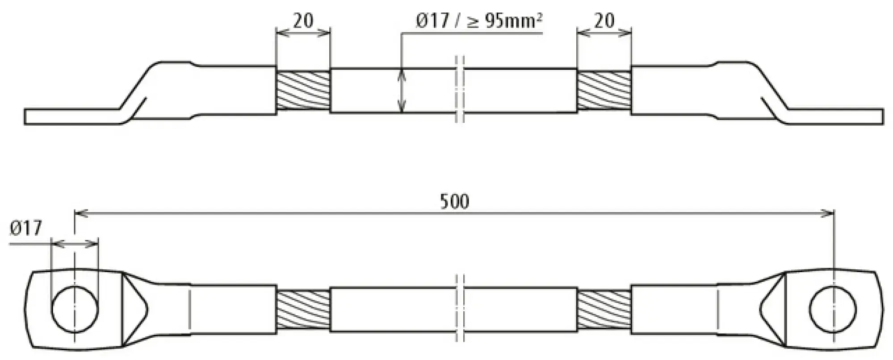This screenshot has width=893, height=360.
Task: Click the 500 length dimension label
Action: [x=454, y=201]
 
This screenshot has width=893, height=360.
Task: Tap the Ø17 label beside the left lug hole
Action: [x=25, y=228]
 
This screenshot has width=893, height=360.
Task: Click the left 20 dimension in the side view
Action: [x=303, y=21]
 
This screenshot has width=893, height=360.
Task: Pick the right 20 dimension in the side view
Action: [x=604, y=21]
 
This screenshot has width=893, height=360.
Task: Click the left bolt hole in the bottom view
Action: [x=75, y=310]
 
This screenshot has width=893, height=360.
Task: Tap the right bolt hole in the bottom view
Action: [x=833, y=310]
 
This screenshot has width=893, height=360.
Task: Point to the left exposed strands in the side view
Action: [x=303, y=91]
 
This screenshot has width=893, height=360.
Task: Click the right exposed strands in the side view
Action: [x=604, y=91]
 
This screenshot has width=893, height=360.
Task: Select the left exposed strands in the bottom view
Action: [x=303, y=310]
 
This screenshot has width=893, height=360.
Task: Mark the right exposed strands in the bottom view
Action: [x=604, y=310]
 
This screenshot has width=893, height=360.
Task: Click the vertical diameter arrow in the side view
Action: [x=402, y=91]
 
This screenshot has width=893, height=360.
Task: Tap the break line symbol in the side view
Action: [x=460, y=89]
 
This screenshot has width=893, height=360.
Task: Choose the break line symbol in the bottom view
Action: [x=460, y=309]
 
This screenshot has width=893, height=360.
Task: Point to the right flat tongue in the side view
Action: [x=835, y=116]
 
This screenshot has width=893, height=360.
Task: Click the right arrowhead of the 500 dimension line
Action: [x=829, y=214]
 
